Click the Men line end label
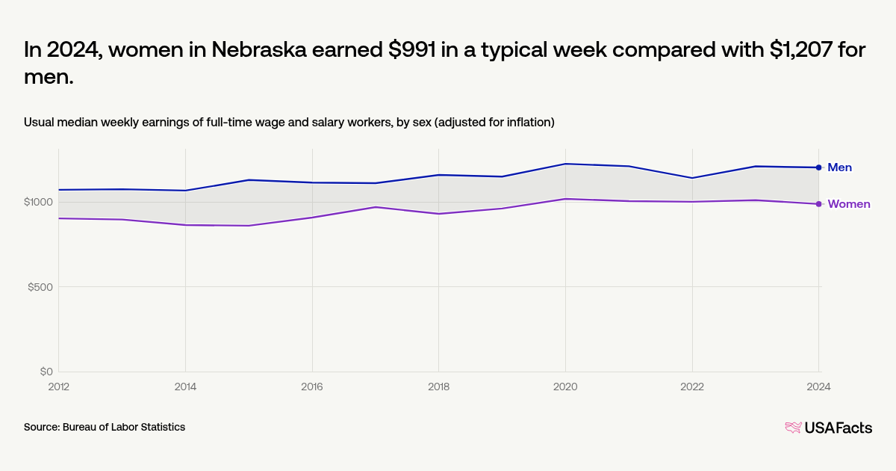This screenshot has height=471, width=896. click(x=839, y=167)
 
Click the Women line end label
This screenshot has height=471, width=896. click(x=848, y=204)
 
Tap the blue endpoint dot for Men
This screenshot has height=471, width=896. click(x=819, y=167)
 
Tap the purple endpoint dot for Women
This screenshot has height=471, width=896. click(x=819, y=204)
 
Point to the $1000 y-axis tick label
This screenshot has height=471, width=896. click(x=38, y=202)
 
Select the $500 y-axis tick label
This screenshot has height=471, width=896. click(x=40, y=287)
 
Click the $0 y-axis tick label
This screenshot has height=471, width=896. click(x=46, y=372)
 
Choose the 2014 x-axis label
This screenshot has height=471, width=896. click(x=185, y=387)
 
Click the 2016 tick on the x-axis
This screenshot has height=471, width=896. click(x=312, y=387)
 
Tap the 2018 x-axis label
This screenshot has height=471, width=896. click(x=439, y=387)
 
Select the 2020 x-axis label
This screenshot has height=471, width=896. click(x=565, y=387)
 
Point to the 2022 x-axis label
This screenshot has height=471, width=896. click(x=692, y=387)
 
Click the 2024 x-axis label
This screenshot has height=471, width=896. click(x=818, y=387)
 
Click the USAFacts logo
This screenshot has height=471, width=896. click(x=829, y=428)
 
